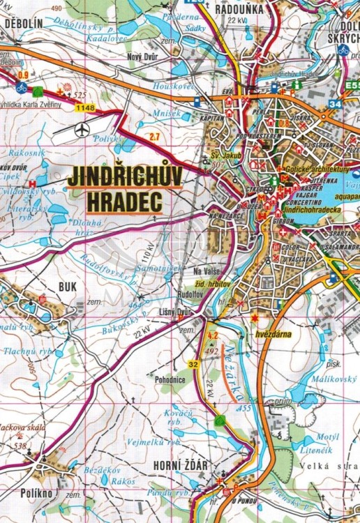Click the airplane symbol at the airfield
pos(83,129)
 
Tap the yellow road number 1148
pos(86,107)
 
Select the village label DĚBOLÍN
pos(24,23)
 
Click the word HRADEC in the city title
pos(124,202)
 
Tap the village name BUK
pos(68,286)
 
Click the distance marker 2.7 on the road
pos(154,136)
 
